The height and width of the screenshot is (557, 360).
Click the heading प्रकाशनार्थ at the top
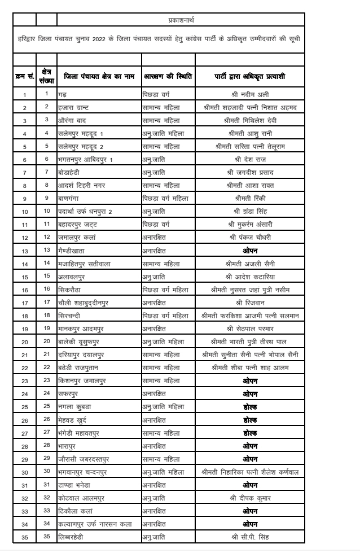point(181,20)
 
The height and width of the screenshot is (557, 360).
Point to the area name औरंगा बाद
point(74,120)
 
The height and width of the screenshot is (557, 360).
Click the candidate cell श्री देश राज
point(250,159)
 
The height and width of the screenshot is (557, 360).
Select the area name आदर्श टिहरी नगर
point(82,185)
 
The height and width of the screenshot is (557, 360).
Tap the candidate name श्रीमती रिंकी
point(250,198)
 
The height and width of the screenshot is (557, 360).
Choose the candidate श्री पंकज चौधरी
point(250,237)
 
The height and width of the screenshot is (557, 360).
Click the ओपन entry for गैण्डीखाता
point(250,250)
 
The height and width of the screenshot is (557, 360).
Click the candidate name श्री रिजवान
point(250,302)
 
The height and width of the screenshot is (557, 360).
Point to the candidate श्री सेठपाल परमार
point(250,328)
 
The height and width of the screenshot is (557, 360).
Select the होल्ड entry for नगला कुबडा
point(250,406)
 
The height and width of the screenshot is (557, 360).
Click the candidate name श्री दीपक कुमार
point(250,497)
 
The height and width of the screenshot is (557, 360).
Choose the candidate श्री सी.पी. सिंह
point(250,536)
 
